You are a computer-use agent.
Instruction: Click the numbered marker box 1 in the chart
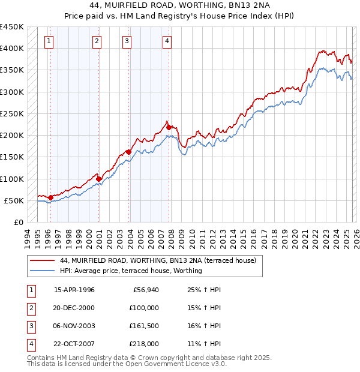(49, 41)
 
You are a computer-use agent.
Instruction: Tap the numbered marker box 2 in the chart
(97, 41)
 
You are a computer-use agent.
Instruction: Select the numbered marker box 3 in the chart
(127, 41)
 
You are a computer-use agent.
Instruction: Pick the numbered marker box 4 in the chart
(166, 41)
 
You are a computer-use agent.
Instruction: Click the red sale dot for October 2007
(169, 127)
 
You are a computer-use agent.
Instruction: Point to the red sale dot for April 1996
(50, 197)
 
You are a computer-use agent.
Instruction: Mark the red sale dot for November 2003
(128, 152)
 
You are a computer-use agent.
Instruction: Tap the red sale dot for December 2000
(99, 178)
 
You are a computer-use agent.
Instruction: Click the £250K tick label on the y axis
(12, 113)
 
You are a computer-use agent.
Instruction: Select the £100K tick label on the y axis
(12, 179)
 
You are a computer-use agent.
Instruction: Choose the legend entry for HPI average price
(131, 271)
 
